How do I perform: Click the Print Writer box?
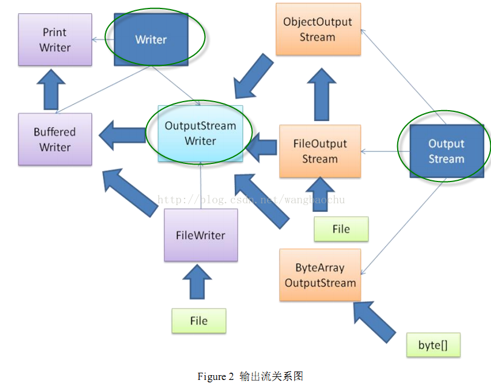[55, 40]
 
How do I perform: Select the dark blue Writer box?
[151, 39]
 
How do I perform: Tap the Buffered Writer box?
[55, 139]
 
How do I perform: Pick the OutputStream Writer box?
[200, 134]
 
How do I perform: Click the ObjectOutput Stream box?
[318, 30]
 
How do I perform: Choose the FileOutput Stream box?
[320, 151]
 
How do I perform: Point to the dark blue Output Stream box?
[447, 151]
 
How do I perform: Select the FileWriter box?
[201, 235]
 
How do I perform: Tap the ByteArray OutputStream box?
[320, 275]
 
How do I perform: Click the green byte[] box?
[433, 345]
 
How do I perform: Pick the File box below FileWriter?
[199, 321]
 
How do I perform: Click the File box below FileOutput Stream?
[341, 229]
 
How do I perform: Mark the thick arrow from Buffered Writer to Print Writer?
[51, 90]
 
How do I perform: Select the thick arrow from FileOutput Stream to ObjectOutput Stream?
[321, 94]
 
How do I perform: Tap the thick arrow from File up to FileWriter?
[197, 282]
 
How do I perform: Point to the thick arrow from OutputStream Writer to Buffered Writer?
[123, 135]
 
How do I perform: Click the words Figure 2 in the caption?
[216, 376]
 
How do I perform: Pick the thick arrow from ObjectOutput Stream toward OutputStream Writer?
[253, 77]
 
